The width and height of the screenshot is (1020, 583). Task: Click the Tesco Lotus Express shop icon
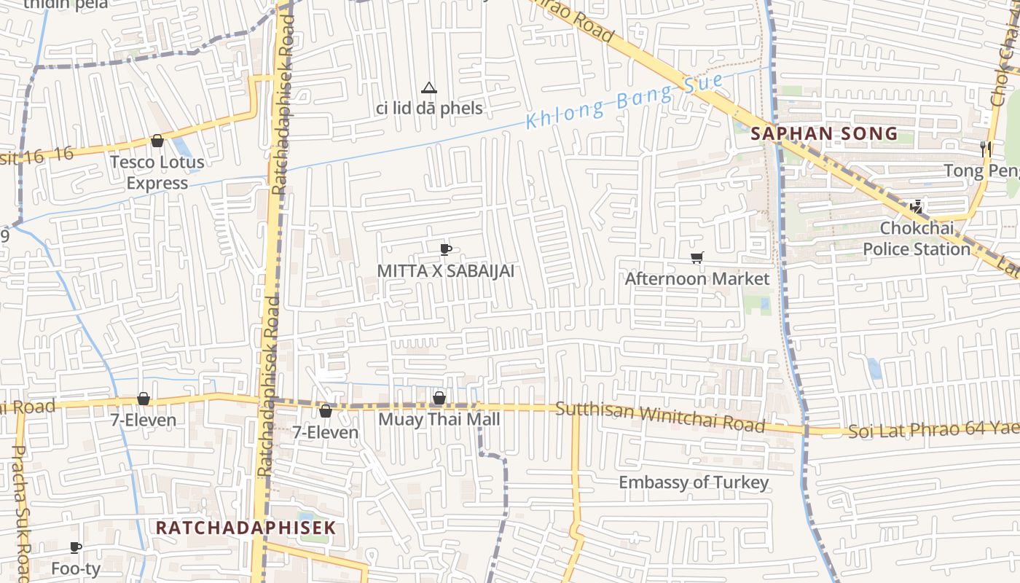click(x=157, y=141)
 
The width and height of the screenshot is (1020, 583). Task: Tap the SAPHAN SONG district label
click(x=824, y=134)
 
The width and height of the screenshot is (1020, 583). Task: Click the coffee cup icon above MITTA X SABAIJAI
click(x=445, y=250)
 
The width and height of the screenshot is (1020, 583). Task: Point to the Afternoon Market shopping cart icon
click(x=697, y=257)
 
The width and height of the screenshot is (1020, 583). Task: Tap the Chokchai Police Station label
click(x=917, y=239)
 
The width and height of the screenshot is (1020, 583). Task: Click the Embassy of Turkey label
click(x=694, y=482)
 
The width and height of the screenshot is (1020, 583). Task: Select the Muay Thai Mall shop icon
click(x=439, y=398)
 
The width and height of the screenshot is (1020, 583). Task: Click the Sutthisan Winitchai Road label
click(x=659, y=417)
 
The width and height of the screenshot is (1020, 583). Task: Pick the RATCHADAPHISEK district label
click(x=246, y=528)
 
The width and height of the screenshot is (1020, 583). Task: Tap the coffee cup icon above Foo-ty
click(x=75, y=547)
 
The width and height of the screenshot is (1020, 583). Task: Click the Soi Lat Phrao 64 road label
click(x=933, y=429)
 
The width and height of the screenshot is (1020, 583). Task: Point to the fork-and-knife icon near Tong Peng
click(x=986, y=149)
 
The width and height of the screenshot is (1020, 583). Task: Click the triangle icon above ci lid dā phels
click(x=429, y=88)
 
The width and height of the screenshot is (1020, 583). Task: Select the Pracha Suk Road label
click(x=20, y=510)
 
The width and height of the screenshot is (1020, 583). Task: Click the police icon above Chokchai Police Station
click(x=916, y=207)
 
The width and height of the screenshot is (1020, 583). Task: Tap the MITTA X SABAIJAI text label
click(x=445, y=271)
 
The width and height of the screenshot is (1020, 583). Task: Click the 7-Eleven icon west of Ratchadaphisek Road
click(x=143, y=399)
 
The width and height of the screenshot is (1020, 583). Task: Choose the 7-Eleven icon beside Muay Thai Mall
click(x=325, y=411)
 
